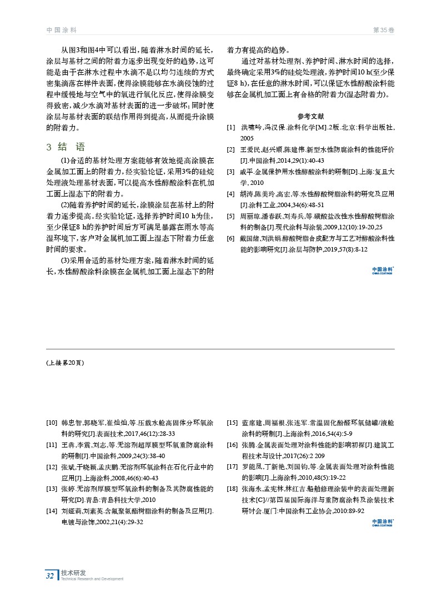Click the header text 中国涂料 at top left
pos(61,29)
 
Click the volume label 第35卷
pos(383,29)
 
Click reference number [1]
pos(230,128)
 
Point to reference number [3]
pos(230,173)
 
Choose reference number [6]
pos(230,238)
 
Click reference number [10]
pos(53,424)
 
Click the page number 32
pos(50,576)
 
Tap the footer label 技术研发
pos(73,572)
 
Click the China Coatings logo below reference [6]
pos(383,270)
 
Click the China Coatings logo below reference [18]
pos(383,523)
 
